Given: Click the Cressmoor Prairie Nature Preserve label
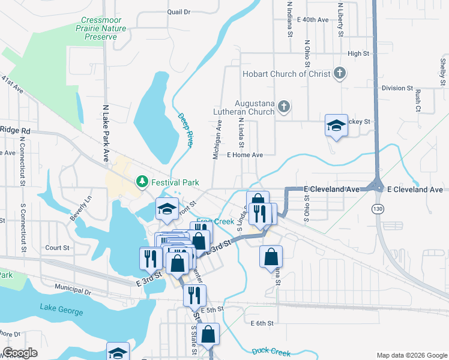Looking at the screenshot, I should [x=103, y=28].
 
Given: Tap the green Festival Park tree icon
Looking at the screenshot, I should [x=142, y=181].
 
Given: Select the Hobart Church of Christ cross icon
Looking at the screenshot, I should [x=339, y=74].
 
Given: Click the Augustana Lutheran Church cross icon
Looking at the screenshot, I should [x=284, y=107].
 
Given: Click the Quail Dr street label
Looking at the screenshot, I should [x=178, y=11].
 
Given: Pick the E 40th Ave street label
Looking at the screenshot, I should [x=309, y=20].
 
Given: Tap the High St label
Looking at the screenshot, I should [x=358, y=53].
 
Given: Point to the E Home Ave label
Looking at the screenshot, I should [x=244, y=155].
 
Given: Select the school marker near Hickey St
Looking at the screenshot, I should [x=336, y=125].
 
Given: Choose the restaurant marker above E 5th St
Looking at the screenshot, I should [x=194, y=295].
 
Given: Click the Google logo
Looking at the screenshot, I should [x=20, y=353].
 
